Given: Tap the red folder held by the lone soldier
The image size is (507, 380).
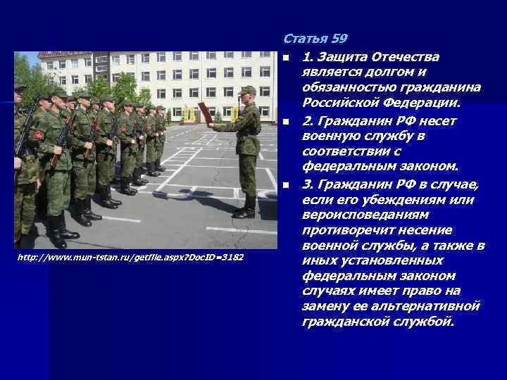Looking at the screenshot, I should (204, 112).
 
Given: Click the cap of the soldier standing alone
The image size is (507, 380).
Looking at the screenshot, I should (246, 90).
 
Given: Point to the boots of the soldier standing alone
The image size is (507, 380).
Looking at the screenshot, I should (246, 208).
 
